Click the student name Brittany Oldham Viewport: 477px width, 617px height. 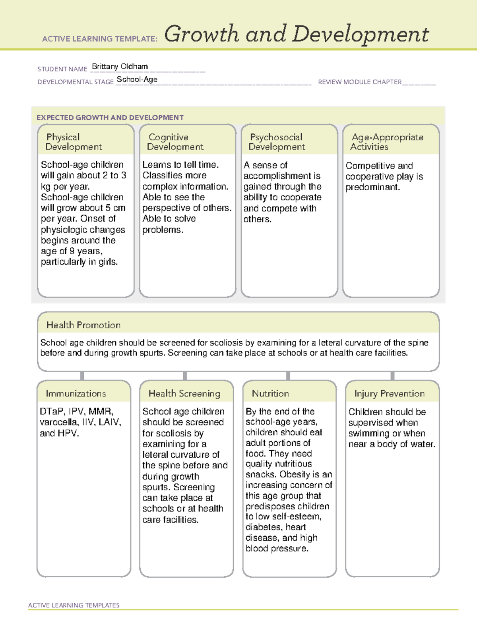click(120, 67)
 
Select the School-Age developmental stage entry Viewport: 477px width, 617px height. click(137, 79)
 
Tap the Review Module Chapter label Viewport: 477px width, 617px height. click(359, 82)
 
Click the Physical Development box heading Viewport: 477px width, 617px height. click(74, 142)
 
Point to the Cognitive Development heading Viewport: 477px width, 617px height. click(175, 142)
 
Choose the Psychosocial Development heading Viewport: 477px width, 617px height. click(277, 142)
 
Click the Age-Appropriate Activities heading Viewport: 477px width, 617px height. click(387, 142)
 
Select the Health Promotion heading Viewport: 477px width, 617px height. click(83, 325)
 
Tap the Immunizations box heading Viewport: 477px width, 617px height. click(76, 393)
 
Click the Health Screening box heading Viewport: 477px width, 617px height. click(184, 393)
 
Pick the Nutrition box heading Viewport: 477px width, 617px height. click(270, 393)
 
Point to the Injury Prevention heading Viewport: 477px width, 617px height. click(390, 393)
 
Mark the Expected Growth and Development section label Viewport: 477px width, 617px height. click(110, 118)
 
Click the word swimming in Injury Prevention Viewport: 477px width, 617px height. click(366, 433)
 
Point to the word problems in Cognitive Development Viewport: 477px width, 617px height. click(163, 230)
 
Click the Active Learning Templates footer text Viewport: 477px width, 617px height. click(74, 605)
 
